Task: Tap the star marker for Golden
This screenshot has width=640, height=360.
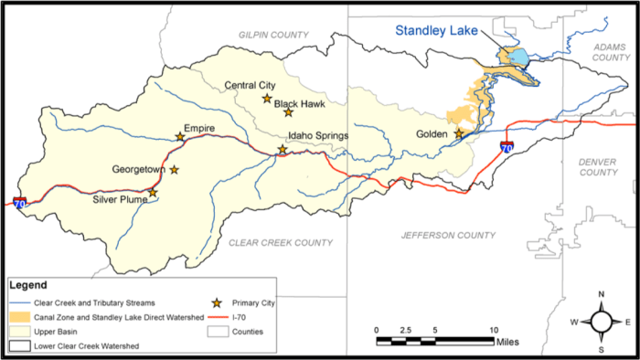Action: coord(459,133)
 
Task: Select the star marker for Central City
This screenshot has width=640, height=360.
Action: coord(267,98)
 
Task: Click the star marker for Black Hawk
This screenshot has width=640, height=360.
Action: coord(288,112)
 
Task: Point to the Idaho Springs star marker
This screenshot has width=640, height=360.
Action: coord(283,149)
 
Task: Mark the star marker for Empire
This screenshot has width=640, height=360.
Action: coord(180,137)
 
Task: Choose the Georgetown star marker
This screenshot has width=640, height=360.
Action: coord(174,169)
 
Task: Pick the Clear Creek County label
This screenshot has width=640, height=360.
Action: coord(268,242)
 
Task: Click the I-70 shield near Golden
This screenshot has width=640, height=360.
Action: coord(507,146)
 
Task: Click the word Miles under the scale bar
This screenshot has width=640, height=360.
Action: coord(508,341)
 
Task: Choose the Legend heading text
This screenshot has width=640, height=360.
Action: coord(34,285)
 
